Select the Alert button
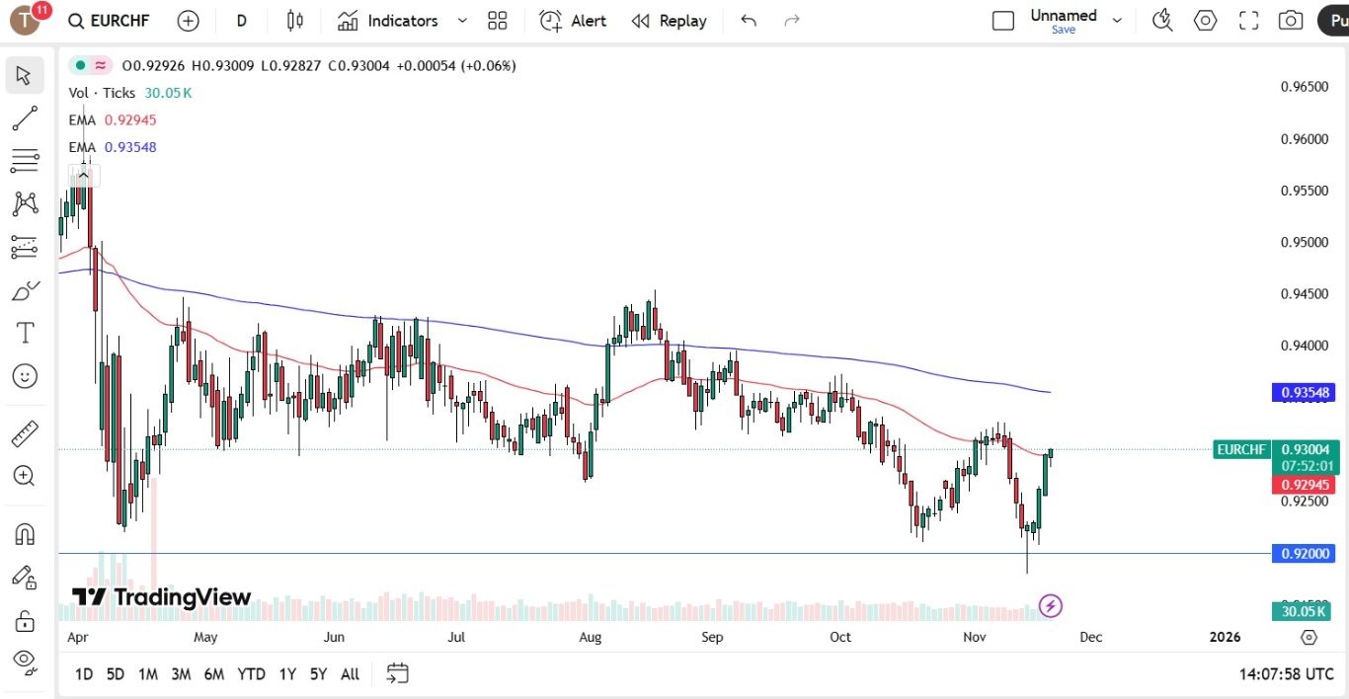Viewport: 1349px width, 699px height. pos(574,21)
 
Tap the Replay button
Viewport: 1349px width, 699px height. pos(670,21)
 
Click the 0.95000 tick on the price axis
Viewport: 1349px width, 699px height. pos(1304,243)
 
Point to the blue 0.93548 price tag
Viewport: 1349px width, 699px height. pos(1305,393)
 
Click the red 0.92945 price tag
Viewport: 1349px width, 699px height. pos(1305,485)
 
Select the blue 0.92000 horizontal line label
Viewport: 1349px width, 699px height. pos(1305,554)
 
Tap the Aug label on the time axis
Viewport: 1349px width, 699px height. pos(590,638)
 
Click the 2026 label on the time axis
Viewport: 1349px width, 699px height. pos(1225,638)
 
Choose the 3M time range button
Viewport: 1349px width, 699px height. pos(181,674)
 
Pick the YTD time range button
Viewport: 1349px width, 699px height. pos(251,674)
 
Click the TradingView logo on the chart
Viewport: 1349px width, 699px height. pos(161,597)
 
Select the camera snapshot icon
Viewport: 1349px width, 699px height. pos(1290,21)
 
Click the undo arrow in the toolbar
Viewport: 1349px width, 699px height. pos(749,21)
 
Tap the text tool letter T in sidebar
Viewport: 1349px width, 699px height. pos(25,334)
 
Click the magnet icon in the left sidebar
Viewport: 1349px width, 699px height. pos(25,534)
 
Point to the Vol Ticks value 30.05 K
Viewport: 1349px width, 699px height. pos(168,93)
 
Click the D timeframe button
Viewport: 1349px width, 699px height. pos(242,21)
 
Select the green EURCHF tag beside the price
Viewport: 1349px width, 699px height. pos(1241,450)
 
